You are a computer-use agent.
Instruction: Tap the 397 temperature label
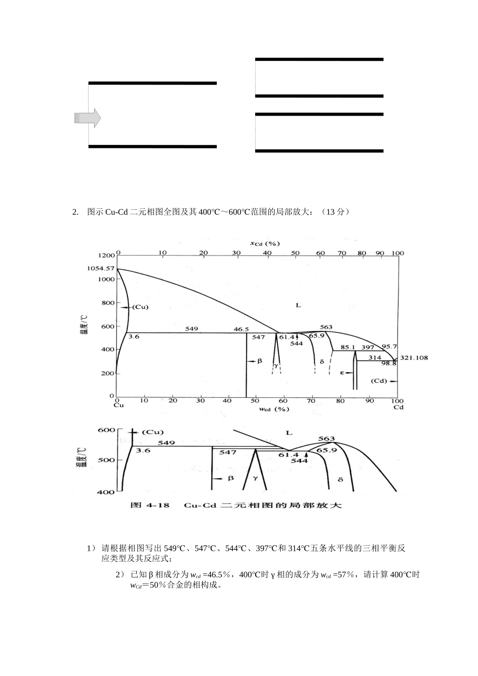click(368, 347)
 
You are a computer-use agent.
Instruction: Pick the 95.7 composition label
click(389, 347)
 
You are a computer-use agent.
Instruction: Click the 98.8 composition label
click(388, 363)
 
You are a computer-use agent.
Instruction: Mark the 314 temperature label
click(375, 357)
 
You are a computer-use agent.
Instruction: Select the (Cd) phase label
click(379, 381)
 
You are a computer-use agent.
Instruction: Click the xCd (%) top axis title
click(265, 243)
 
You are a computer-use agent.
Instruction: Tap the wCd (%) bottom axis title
click(273, 409)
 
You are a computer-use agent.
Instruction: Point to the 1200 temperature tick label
click(106, 255)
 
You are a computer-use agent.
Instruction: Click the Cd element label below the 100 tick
click(398, 407)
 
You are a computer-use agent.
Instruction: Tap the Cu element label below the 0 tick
click(118, 405)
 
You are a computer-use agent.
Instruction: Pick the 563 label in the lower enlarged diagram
click(327, 439)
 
